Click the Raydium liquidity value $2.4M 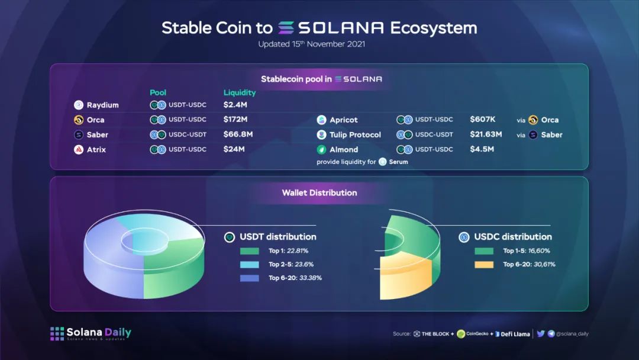pos(235,105)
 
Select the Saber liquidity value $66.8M pos(238,134)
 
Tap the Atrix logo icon pos(79,150)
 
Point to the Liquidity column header pos(240,92)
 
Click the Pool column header pos(158,92)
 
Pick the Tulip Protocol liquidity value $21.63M pos(486,134)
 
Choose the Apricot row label pos(344,120)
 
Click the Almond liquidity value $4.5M pos(482,149)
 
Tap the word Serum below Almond pos(398,162)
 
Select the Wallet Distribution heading pos(319,193)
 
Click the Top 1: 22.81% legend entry pos(288,250)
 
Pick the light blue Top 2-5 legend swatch pos(250,265)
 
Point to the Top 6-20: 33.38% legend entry pos(295,278)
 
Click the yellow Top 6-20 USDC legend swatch pos(484,265)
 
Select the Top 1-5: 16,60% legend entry pos(527,250)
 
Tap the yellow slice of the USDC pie pos(405,277)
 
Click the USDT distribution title pos(278,237)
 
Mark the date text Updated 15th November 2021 pos(312,44)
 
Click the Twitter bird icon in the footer pos(541,333)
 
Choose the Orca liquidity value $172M pos(235,120)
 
